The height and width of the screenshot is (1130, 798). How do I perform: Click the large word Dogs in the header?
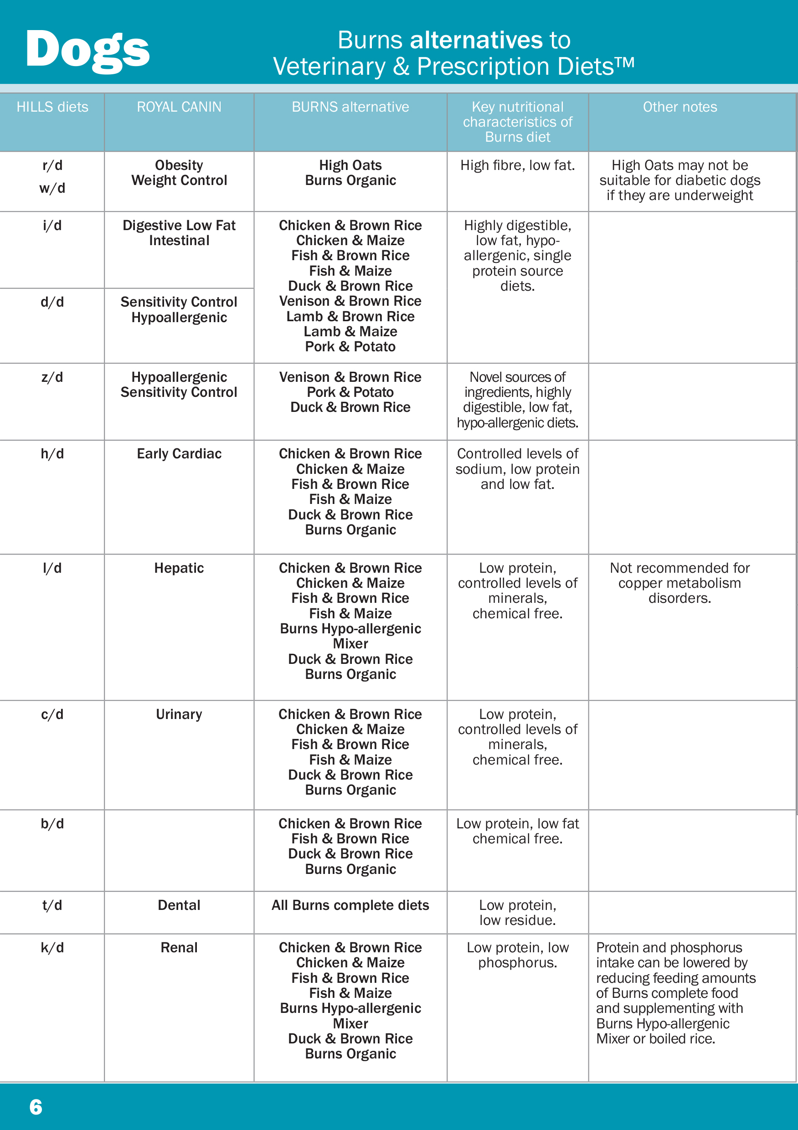[x=88, y=50]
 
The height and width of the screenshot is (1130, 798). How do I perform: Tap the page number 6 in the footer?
[x=36, y=1107]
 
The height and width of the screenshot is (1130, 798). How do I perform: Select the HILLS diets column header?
[x=52, y=107]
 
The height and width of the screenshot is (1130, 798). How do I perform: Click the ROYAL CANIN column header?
[x=179, y=107]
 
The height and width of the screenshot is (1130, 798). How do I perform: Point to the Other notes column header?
[x=680, y=107]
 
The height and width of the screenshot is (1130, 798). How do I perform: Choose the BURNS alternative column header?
[x=350, y=107]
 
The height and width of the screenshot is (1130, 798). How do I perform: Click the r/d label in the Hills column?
[x=52, y=165]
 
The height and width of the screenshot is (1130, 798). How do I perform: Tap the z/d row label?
[x=52, y=377]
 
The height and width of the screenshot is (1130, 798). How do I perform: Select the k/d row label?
[x=52, y=948]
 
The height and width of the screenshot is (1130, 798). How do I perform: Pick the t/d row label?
[x=52, y=905]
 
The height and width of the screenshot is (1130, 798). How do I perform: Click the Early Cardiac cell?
[x=179, y=454]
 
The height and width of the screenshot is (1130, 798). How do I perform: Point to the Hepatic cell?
[x=179, y=568]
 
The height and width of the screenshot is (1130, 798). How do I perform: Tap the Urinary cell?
[x=179, y=714]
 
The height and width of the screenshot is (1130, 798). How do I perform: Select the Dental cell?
[x=179, y=905]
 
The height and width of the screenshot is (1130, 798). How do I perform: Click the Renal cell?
[x=179, y=948]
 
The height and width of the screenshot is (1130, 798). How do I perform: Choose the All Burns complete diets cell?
[x=350, y=905]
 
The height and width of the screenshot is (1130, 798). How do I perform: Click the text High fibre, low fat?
[x=517, y=165]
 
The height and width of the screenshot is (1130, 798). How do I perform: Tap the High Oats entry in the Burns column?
[x=350, y=165]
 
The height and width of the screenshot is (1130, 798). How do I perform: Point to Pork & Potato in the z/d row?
[x=350, y=392]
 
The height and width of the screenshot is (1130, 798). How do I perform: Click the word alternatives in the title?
[x=476, y=40]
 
